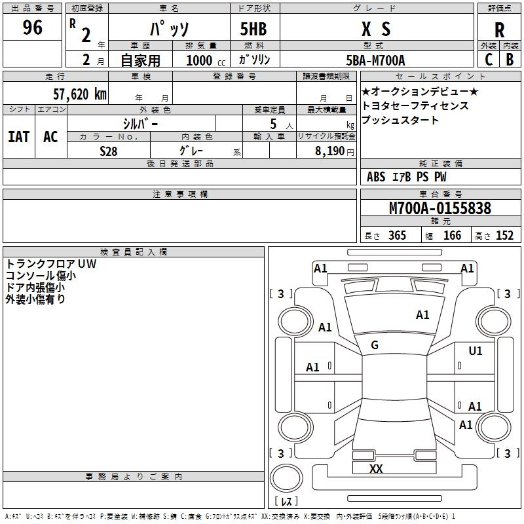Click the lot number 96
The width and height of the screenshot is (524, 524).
point(32,28)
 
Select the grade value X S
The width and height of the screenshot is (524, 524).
point(375,29)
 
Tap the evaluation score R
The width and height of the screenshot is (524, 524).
point(500,30)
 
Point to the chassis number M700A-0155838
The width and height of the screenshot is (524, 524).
point(440,208)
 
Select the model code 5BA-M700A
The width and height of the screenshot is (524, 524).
point(375,60)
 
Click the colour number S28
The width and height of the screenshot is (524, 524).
point(108,150)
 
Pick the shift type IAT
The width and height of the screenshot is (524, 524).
point(19,137)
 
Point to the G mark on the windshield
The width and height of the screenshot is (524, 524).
point(375,345)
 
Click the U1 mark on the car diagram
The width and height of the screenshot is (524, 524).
point(476,351)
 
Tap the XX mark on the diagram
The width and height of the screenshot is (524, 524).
point(376,468)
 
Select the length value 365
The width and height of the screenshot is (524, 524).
point(397,236)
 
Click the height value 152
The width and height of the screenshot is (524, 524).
point(504,236)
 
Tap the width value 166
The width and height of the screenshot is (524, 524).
point(452,236)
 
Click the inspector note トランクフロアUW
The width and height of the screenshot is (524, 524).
point(50,263)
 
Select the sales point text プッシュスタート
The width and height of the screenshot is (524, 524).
point(400,121)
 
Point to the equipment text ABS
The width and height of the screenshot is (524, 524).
point(376,177)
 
